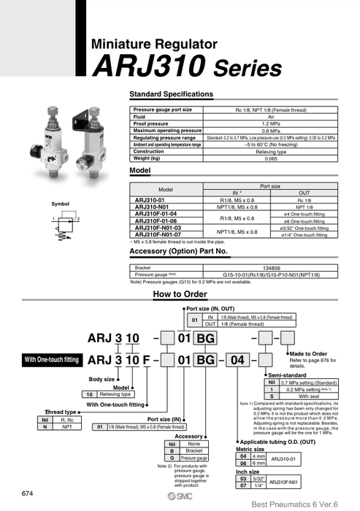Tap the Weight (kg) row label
(x=150, y=158)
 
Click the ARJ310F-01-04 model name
(x=156, y=214)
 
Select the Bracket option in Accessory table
(x=194, y=450)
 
